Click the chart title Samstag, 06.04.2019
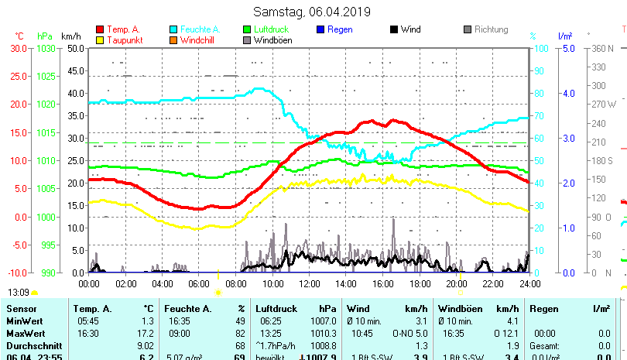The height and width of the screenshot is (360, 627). click(x=312, y=12)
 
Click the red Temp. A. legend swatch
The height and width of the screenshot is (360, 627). click(x=100, y=29)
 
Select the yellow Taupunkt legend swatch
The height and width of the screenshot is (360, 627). click(x=100, y=39)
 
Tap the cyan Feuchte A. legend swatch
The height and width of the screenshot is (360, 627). click(x=174, y=29)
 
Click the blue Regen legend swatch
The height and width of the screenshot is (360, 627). click(x=320, y=29)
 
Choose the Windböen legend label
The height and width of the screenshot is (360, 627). click(x=273, y=39)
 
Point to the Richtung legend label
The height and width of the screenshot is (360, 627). click(x=491, y=29)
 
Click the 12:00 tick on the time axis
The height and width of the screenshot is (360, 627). click(x=308, y=283)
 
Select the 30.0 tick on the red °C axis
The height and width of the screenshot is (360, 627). click(x=19, y=48)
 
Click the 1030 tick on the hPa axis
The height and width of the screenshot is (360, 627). click(x=46, y=48)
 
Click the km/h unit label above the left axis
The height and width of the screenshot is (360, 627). click(x=70, y=36)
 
